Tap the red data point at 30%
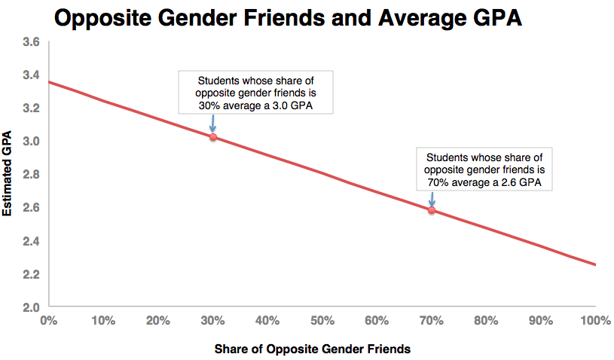tap(212, 137)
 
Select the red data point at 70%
tap(432, 210)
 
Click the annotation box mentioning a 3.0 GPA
tap(255, 93)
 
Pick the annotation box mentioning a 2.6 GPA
tap(484, 169)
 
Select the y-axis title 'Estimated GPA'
tap(8, 175)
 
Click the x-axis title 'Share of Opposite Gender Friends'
tap(313, 349)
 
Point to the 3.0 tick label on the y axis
tap(31, 141)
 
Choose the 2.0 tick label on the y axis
tap(31, 307)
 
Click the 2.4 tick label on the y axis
tap(31, 240)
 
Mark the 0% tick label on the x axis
tap(48, 320)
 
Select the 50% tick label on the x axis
tap(322, 320)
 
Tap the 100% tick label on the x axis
tap(595, 320)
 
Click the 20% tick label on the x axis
tap(157, 320)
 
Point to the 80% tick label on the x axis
tap(486, 320)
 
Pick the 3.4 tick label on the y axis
tap(31, 75)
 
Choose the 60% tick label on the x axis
tap(377, 320)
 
